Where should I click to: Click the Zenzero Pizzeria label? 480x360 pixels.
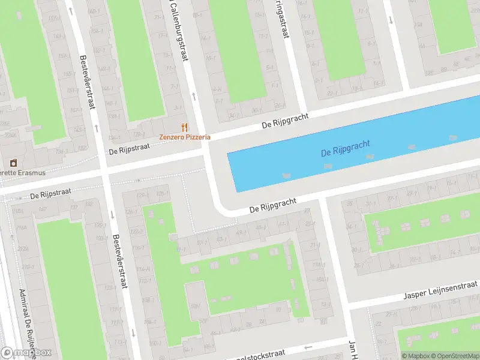[185, 137]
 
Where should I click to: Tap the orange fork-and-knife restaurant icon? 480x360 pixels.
[185, 127]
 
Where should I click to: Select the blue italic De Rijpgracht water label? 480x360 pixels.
[346, 148]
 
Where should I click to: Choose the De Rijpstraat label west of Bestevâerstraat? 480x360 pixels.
[51, 194]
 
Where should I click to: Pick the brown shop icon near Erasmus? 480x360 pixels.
[14, 163]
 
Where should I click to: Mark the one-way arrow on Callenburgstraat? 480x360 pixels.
[194, 96]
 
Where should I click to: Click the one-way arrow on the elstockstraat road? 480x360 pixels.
[308, 347]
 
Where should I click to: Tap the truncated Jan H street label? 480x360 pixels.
[353, 350]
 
